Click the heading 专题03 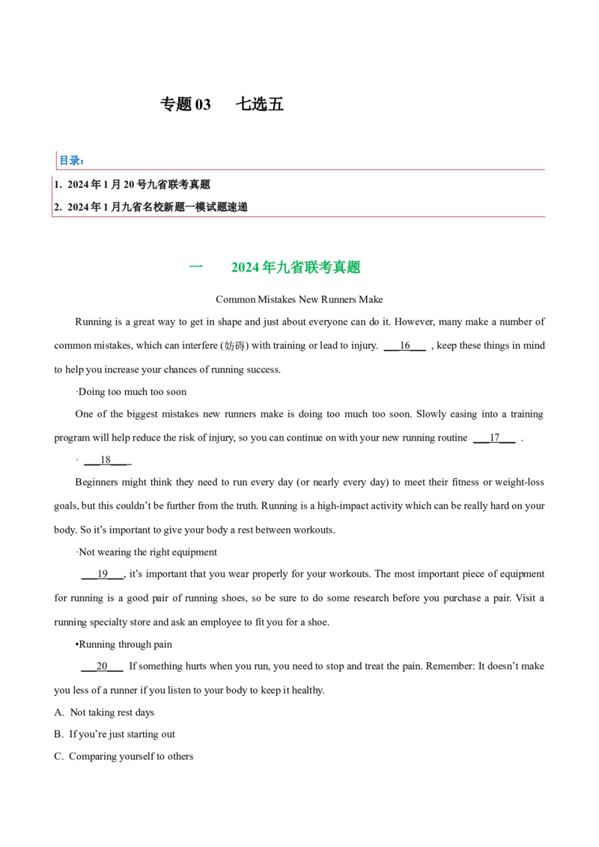coord(186,104)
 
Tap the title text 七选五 coord(260,104)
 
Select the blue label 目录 coord(71,160)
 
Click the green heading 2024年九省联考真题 coord(296,267)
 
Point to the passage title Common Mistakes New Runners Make coord(299,299)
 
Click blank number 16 coord(405,346)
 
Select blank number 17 coord(494,438)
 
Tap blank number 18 coord(106,459)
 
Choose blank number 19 coord(103,574)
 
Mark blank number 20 coord(102,666)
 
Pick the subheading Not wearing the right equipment coord(147,552)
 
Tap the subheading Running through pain coord(124,644)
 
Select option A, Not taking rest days coord(104,712)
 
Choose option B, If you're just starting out coord(115,734)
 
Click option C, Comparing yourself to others coord(124,756)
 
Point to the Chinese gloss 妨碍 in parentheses coord(234,346)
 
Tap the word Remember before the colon coord(449,666)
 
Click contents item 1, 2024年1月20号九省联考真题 coord(132,185)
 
